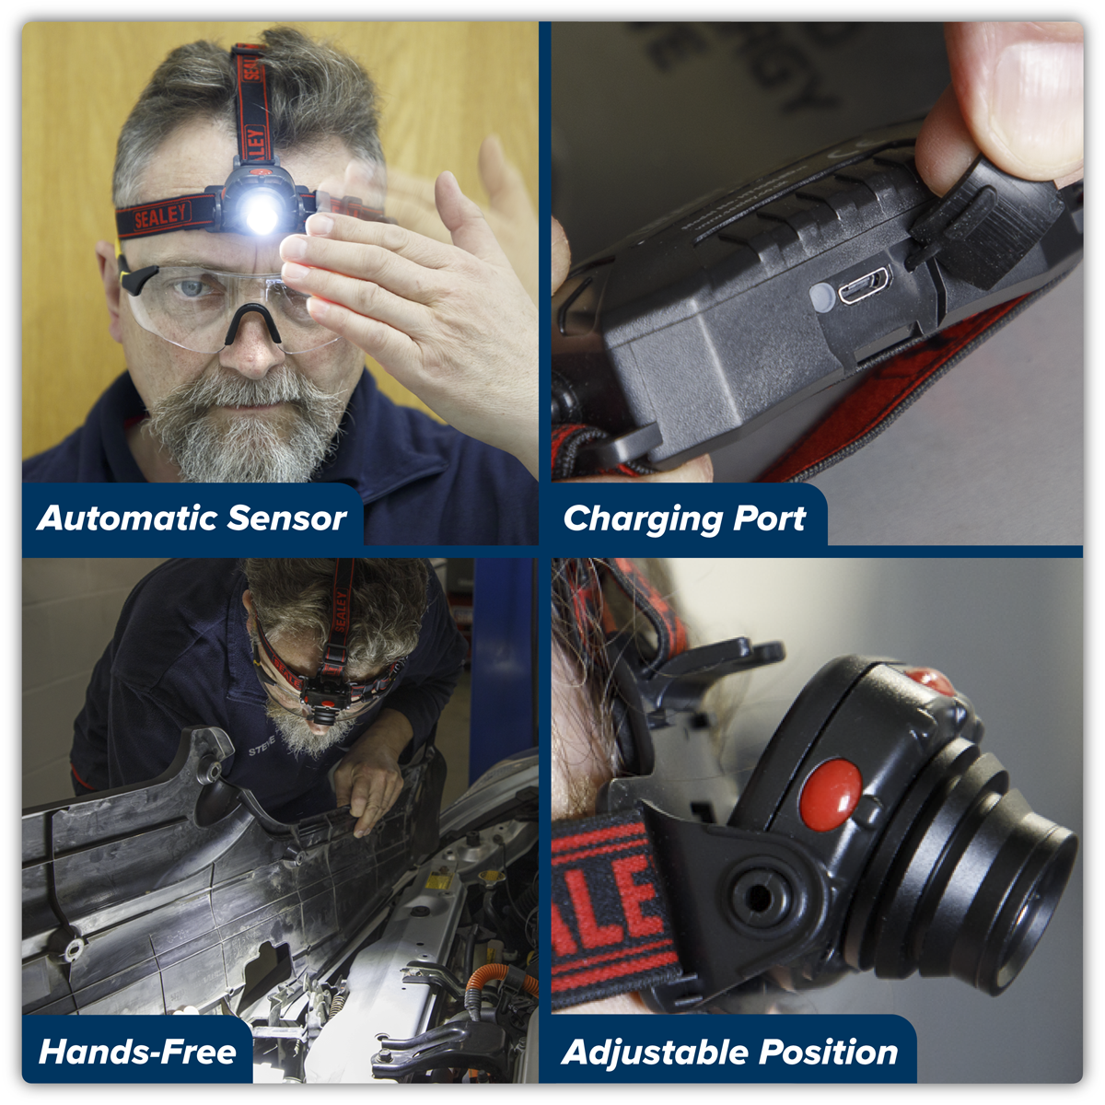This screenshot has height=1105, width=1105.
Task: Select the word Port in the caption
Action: point(770,518)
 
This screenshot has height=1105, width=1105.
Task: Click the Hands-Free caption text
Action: point(137,1052)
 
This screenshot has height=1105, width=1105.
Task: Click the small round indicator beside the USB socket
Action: point(822,295)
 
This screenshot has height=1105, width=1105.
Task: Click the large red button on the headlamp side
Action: point(831,790)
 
